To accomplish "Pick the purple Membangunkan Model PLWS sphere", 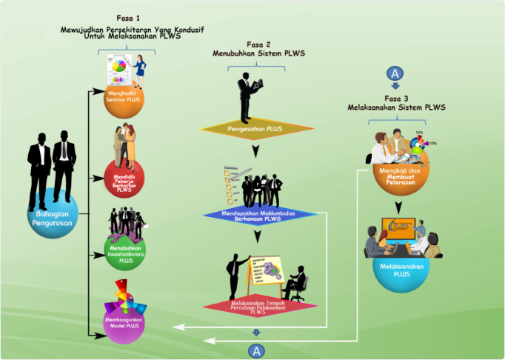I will [x=124, y=320].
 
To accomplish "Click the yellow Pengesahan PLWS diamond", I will [x=255, y=127].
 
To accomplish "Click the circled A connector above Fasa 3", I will [x=396, y=73].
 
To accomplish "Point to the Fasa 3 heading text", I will [x=396, y=98].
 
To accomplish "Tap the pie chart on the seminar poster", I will [x=118, y=68].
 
